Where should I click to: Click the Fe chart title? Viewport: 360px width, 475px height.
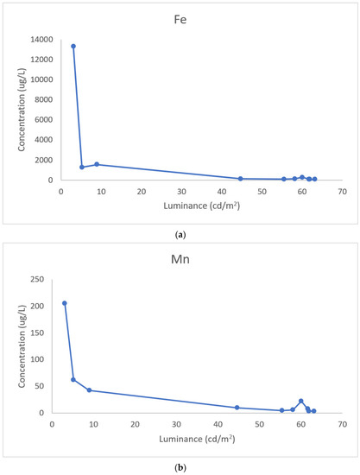(180, 20)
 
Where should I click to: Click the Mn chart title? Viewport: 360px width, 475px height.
(180, 259)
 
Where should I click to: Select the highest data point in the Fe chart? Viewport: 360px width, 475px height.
(73, 46)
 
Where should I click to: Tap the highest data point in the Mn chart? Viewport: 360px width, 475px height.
(65, 303)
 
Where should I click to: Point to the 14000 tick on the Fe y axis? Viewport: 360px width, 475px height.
(41, 40)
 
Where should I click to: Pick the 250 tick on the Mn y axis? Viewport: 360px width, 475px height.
(37, 279)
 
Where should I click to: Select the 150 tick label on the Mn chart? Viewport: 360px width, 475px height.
(37, 332)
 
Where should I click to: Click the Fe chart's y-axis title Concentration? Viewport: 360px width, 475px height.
(22, 110)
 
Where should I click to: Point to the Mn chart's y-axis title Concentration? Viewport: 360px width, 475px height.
(22, 346)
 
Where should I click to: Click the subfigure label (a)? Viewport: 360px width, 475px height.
(180, 235)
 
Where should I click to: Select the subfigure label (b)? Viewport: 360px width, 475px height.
(180, 468)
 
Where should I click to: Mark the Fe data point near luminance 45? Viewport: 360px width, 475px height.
(240, 179)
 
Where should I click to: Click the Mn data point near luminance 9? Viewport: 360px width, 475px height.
(89, 390)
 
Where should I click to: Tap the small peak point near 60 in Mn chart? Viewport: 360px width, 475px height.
(301, 401)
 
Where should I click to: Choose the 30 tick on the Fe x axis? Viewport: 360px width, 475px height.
(181, 192)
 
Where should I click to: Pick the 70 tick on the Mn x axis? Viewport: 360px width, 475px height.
(343, 425)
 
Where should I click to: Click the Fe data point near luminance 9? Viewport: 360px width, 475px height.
(97, 164)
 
